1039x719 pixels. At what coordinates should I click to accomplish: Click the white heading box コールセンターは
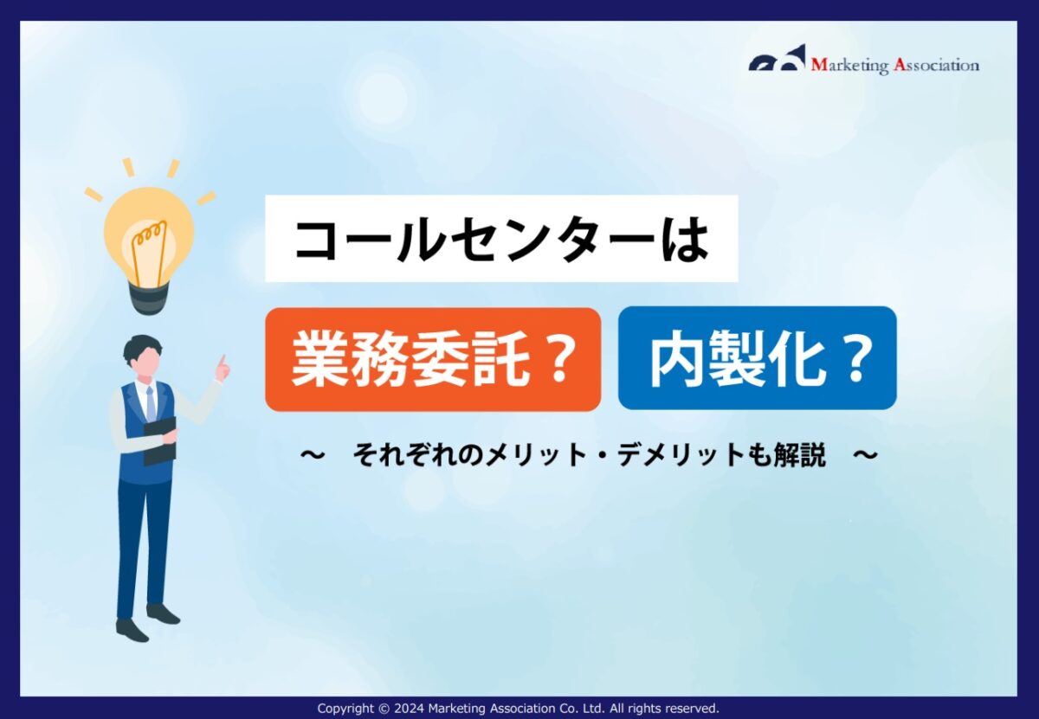coord(501,239)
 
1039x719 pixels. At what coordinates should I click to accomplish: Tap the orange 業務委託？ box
coord(433,359)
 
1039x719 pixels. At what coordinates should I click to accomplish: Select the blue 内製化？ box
coord(757,358)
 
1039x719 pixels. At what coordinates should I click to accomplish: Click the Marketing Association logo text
coord(894,65)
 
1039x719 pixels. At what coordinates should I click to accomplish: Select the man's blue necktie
coord(151,404)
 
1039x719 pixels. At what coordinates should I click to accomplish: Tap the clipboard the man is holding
coord(159,440)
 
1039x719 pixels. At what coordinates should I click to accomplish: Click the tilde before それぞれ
coord(313,455)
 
